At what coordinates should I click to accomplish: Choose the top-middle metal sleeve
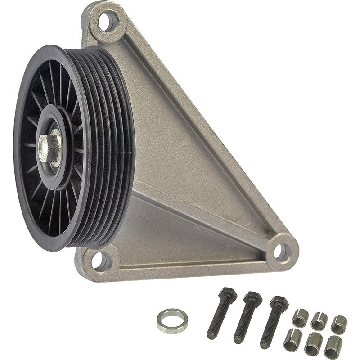(319, 320)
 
